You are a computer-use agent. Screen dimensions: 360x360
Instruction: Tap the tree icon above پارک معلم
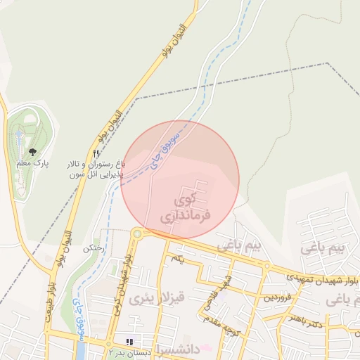32,150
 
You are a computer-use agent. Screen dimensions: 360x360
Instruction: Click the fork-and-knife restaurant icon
96,153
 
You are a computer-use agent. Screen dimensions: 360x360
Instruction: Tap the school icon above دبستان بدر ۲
128,340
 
